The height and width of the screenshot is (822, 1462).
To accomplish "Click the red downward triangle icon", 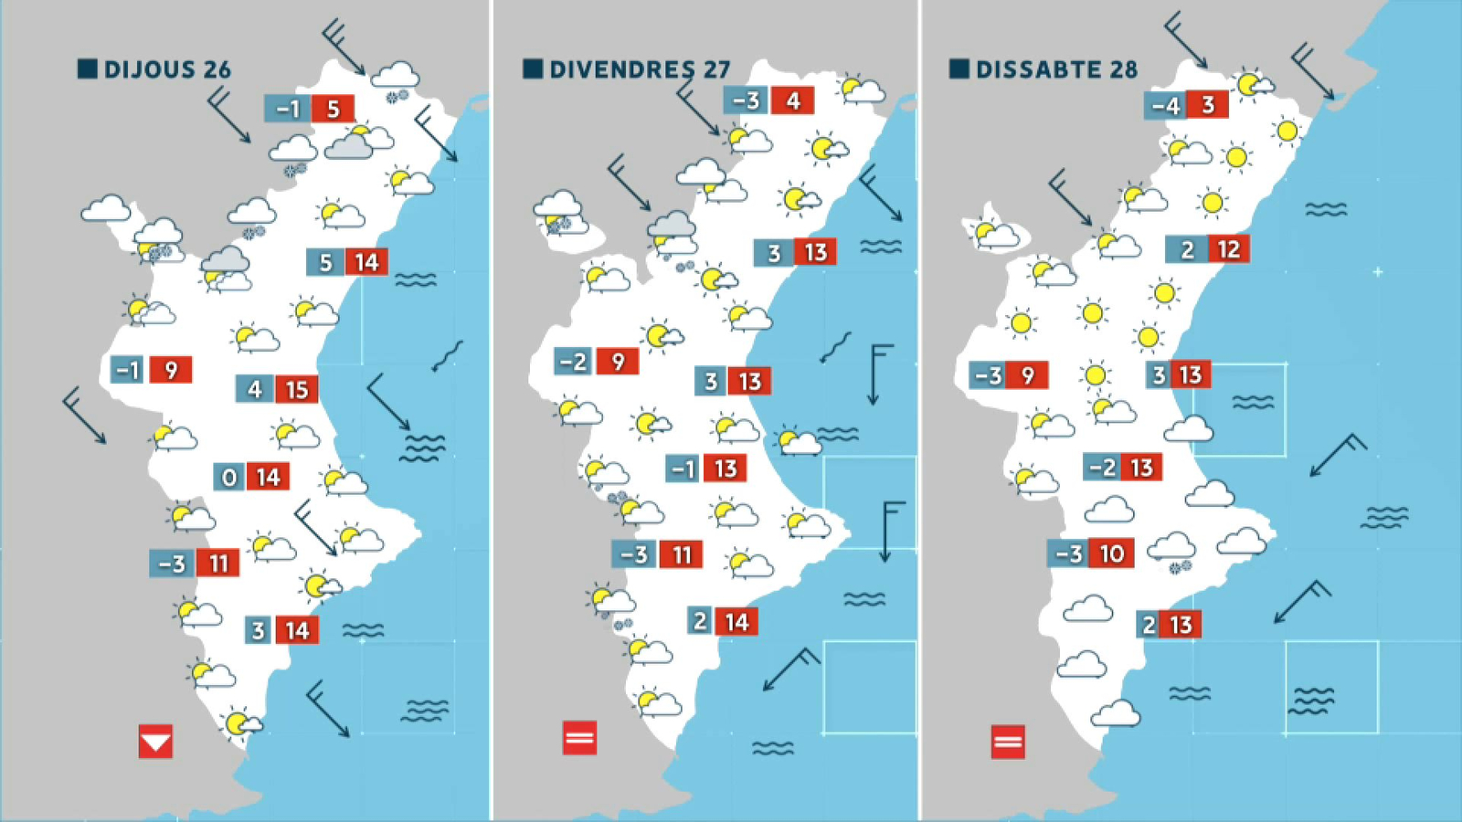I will pos(155,741).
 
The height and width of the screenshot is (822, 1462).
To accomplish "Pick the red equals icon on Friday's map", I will pos(579,737).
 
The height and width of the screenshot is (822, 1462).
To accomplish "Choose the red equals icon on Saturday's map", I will pos(1007,742).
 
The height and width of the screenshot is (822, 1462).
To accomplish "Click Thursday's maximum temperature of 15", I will pos(296,390).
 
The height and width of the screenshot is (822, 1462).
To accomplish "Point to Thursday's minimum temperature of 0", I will pos(228,477).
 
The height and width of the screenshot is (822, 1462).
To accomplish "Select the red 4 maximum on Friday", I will pos(792,100).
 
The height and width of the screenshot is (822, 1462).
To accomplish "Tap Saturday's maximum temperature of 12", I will pos(1228,248).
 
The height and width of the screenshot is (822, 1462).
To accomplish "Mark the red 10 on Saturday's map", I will pos(1111,553).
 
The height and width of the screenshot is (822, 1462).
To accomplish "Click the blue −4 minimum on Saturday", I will pos(1165,106).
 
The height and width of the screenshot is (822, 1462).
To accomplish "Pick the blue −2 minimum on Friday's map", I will pos(573,362).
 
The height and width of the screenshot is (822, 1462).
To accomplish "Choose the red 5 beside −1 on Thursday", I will pos(333,109).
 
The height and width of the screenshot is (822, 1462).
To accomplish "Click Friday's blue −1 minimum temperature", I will pos(683,469).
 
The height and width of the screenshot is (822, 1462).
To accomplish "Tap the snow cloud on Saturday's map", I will pos(1172,551).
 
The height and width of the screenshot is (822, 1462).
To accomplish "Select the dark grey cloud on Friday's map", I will pos(672,225).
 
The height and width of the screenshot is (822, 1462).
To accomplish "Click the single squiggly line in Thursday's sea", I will pos(448,355).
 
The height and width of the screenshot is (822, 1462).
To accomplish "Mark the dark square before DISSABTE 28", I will pos(959,68).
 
